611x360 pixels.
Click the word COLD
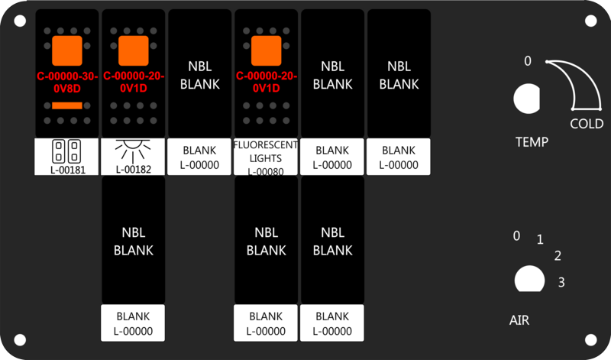587,124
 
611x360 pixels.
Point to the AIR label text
519,320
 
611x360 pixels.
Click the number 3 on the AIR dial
561,283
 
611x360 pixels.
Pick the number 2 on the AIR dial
558,255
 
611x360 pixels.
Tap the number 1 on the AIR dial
540,240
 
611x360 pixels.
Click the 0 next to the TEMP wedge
527,61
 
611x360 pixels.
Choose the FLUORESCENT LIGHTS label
266,157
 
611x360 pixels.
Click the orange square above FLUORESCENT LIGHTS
266,50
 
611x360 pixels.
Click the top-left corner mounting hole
21,21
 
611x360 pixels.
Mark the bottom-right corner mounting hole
590,339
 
